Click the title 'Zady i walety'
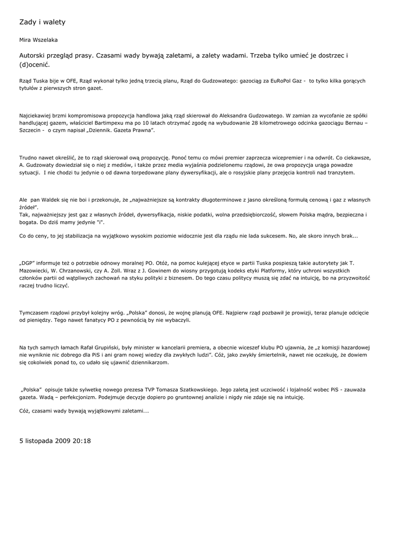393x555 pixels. pos(42,22)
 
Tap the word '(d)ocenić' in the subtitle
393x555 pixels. pos(34,64)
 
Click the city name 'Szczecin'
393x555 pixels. pos(31,131)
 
